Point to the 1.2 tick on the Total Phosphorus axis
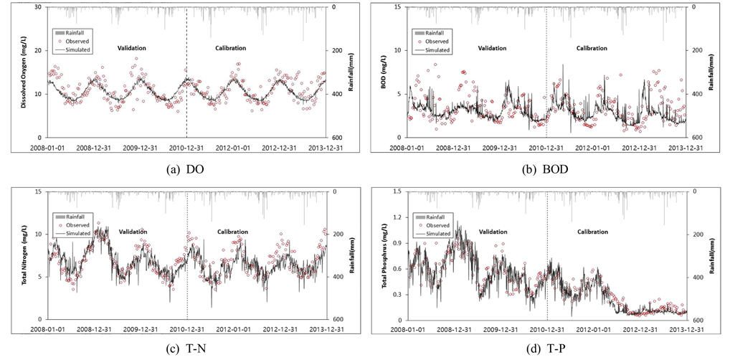pyautogui.click(x=397, y=217)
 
